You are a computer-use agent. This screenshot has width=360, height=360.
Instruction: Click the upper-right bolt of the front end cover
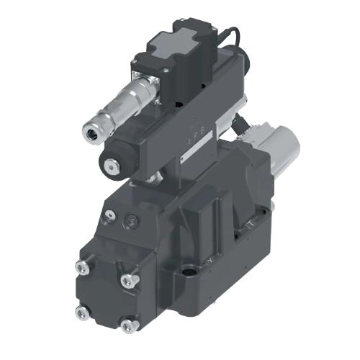pyautogui.click(x=130, y=279)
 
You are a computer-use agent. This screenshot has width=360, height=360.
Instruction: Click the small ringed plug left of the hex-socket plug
pyautogui.click(x=109, y=213)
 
